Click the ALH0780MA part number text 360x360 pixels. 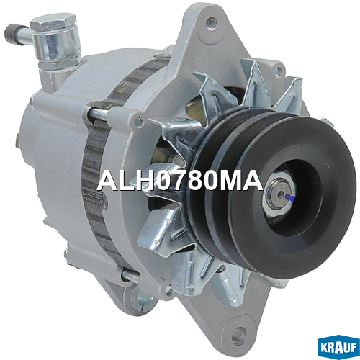point(180,181)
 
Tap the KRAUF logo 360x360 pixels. point(338,347)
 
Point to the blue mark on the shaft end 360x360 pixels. point(290,198)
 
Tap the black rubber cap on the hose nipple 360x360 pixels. point(14,35)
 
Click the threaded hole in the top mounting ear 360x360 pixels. point(212,22)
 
